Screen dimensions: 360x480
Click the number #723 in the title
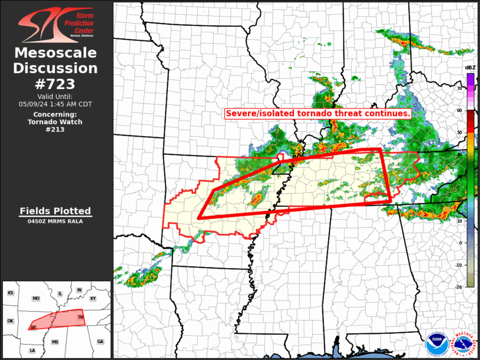[x=55, y=84]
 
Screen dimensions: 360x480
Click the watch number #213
[x=55, y=130]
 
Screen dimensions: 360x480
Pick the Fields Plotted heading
[x=55, y=211]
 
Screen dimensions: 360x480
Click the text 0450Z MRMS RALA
[x=55, y=222]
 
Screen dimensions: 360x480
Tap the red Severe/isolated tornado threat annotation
[x=317, y=113]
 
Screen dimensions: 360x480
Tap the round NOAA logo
[x=437, y=341]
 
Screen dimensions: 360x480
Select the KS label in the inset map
[x=10, y=293]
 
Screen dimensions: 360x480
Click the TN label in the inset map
[x=81, y=318]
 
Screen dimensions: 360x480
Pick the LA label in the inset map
[x=32, y=351]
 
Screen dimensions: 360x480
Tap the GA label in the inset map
[x=100, y=342]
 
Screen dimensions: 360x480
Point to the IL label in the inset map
[x=60, y=293]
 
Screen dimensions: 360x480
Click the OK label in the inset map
[x=10, y=321]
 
